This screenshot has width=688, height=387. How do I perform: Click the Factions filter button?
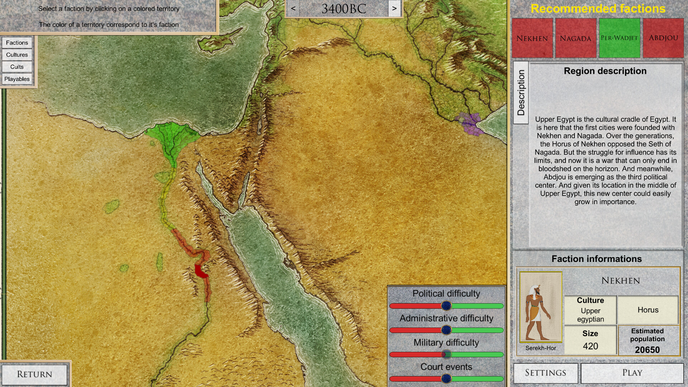click(17, 43)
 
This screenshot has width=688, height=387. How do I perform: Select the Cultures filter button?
click(17, 55)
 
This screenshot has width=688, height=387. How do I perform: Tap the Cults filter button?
click(17, 67)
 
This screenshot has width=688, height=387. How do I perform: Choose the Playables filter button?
click(17, 79)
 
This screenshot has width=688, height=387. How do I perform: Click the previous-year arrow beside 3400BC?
click(293, 8)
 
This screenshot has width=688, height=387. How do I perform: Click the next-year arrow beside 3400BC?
click(394, 8)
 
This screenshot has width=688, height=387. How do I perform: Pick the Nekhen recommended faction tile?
click(532, 38)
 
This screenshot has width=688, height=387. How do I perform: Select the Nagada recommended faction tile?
click(575, 38)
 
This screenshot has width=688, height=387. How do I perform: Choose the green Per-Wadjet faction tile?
click(619, 38)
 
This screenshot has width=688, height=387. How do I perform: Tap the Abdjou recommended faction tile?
click(663, 38)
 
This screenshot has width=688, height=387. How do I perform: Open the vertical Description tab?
click(521, 92)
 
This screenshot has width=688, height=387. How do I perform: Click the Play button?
click(632, 373)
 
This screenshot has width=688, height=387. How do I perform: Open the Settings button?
click(545, 373)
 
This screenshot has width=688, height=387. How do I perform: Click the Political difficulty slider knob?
click(446, 306)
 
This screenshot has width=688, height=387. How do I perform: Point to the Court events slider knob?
click(446, 378)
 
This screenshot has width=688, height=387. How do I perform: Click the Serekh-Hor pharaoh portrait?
click(541, 307)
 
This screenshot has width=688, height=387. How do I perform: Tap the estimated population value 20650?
click(647, 350)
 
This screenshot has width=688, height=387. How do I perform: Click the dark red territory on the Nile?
click(201, 271)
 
